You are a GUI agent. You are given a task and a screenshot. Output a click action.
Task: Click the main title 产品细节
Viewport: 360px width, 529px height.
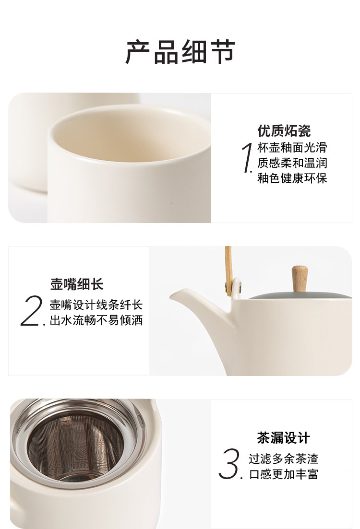click(x=180, y=52)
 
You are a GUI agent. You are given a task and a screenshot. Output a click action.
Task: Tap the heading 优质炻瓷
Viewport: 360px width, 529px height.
click(x=284, y=130)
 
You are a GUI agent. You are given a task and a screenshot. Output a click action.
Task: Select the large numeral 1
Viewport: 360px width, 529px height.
click(x=248, y=158)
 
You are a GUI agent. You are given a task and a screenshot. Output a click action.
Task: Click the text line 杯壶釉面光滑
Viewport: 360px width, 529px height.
click(x=292, y=147)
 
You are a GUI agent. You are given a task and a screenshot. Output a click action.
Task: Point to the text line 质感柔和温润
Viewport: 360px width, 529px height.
click(x=292, y=163)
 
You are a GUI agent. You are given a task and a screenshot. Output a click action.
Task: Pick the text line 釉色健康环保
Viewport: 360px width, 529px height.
click(x=292, y=178)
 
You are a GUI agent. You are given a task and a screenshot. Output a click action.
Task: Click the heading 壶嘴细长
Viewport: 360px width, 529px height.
click(x=77, y=284)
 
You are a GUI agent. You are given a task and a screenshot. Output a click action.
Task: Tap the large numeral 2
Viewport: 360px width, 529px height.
click(x=32, y=311)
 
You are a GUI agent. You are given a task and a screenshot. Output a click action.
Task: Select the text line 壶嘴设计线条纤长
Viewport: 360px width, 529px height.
click(x=96, y=305)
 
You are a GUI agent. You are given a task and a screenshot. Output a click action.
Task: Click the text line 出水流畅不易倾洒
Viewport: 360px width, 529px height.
click(x=96, y=320)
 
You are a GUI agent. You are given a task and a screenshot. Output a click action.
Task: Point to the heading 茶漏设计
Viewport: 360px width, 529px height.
click(x=283, y=437)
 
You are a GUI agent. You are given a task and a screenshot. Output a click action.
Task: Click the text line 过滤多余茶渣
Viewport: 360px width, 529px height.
click(x=284, y=458)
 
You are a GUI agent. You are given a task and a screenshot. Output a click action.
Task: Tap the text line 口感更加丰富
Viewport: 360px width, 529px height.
click(x=284, y=474)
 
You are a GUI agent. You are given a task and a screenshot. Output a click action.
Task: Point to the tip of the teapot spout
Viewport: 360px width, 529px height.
click(x=171, y=296)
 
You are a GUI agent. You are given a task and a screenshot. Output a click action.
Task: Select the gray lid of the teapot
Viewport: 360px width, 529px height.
click(x=300, y=295)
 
